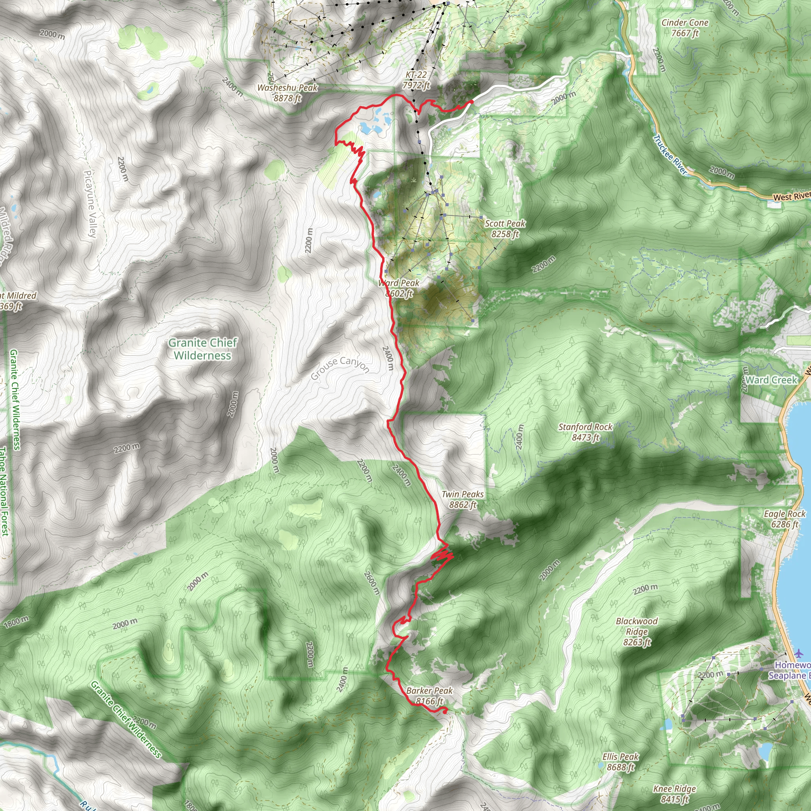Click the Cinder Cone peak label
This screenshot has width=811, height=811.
pos(685,28)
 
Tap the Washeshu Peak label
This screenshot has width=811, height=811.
pos(287,93)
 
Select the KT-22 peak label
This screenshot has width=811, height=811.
pos(416,80)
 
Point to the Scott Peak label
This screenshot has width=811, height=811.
pos(505,228)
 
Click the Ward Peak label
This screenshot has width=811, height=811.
pos(399,288)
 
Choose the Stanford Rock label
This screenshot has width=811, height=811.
pos(585,432)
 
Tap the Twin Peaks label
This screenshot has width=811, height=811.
pos(463,499)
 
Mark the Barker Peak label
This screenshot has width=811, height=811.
pos(429,695)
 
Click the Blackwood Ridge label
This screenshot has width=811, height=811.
pos(637,632)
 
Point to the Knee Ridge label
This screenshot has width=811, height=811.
pos(674,794)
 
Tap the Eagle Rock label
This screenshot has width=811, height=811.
pos(784,519)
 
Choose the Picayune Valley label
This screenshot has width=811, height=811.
pos(90,204)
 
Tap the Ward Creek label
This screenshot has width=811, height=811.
pos(771,380)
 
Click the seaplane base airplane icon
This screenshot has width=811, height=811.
pos(798,653)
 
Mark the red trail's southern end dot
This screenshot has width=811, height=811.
pos(445,711)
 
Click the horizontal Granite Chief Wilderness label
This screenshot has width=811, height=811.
pos(203,349)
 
